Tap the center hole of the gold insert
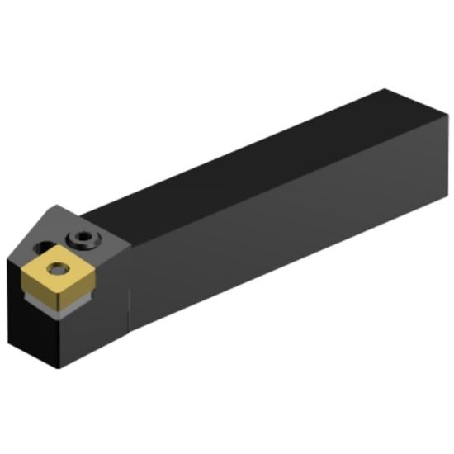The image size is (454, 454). pyautogui.click(x=57, y=266)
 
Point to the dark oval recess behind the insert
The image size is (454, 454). pyautogui.click(x=42, y=246)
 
